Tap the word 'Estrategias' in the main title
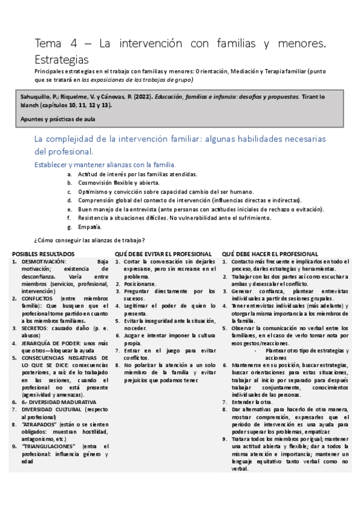click(62, 60)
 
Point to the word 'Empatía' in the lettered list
click(90, 227)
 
